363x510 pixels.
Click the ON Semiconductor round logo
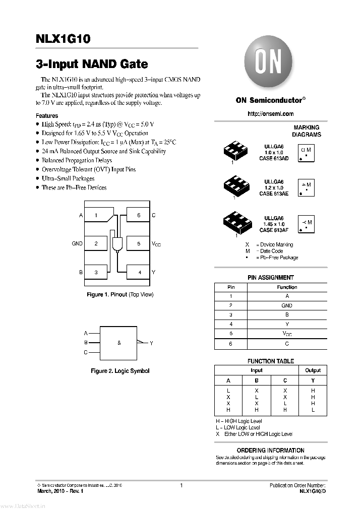(268, 64)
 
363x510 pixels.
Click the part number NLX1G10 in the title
(63, 39)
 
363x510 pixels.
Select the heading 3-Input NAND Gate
(92, 65)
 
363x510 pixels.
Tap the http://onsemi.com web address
(270, 114)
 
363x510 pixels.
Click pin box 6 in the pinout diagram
(138, 215)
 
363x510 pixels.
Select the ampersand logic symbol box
(119, 343)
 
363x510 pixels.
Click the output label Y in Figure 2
(151, 343)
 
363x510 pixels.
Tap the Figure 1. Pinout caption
(120, 294)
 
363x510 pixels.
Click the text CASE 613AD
(274, 158)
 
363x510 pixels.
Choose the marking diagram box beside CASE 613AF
(306, 224)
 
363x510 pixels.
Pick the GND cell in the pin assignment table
(287, 305)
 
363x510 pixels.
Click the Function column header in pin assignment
(287, 287)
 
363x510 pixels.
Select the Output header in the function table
(313, 370)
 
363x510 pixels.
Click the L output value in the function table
(313, 410)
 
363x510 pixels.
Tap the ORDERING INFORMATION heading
(270, 451)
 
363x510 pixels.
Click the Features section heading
(47, 115)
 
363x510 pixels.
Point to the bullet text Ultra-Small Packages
(68, 178)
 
